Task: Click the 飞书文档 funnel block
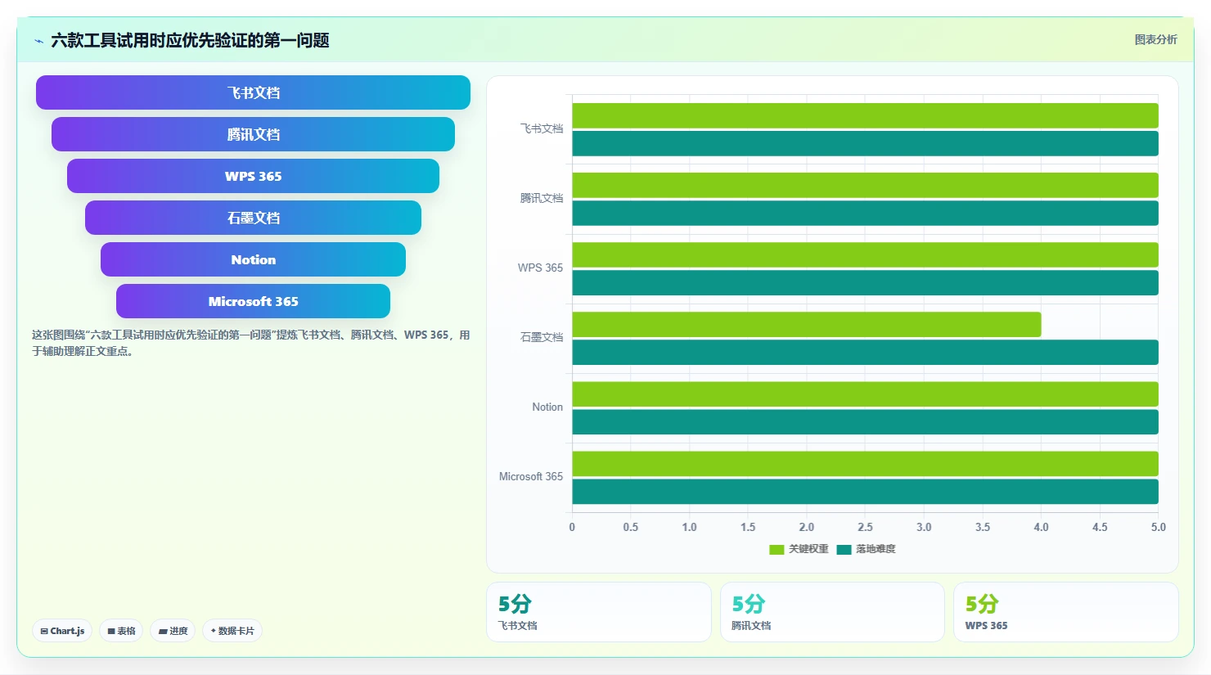253,92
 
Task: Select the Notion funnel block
253,259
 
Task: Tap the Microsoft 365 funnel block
253,301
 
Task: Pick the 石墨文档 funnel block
253,218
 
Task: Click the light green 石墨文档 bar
807,324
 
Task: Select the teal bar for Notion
865,422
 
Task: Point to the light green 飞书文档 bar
865,115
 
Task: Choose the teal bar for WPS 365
865,282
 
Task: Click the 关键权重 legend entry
799,549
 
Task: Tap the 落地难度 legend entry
866,549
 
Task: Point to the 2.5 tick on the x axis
865,527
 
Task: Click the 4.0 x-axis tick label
1042,527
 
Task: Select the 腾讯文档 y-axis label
541,198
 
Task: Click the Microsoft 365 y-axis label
531,477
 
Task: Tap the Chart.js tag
62,631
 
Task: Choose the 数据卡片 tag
232,631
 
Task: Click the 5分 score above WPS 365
982,604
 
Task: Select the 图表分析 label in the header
1155,39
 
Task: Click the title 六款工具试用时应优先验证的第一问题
190,40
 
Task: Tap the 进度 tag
173,631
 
